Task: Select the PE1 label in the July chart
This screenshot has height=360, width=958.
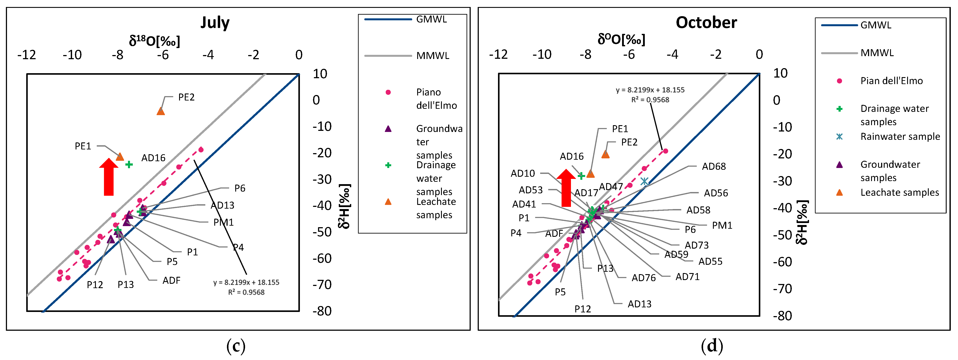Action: coord(83,146)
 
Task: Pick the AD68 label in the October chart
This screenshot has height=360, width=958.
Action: coord(714,166)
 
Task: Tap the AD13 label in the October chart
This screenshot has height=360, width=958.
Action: coord(639,304)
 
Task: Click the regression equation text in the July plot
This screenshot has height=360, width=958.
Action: coord(246,287)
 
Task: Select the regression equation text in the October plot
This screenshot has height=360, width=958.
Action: coord(650,94)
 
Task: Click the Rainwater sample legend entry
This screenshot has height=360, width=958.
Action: coord(900,137)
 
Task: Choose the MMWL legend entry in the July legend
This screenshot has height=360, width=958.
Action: coord(432,56)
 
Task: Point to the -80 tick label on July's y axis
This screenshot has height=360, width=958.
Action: coord(322,311)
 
